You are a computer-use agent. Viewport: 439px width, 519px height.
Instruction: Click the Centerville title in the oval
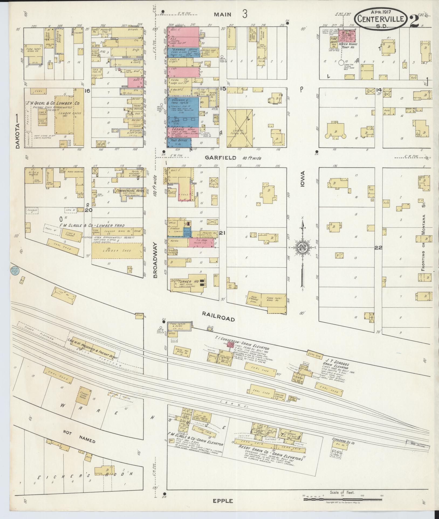(381, 19)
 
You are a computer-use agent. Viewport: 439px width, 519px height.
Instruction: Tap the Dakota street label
(18, 132)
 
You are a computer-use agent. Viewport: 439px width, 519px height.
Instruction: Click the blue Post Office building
(179, 143)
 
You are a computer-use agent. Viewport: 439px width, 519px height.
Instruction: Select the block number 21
(222, 233)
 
